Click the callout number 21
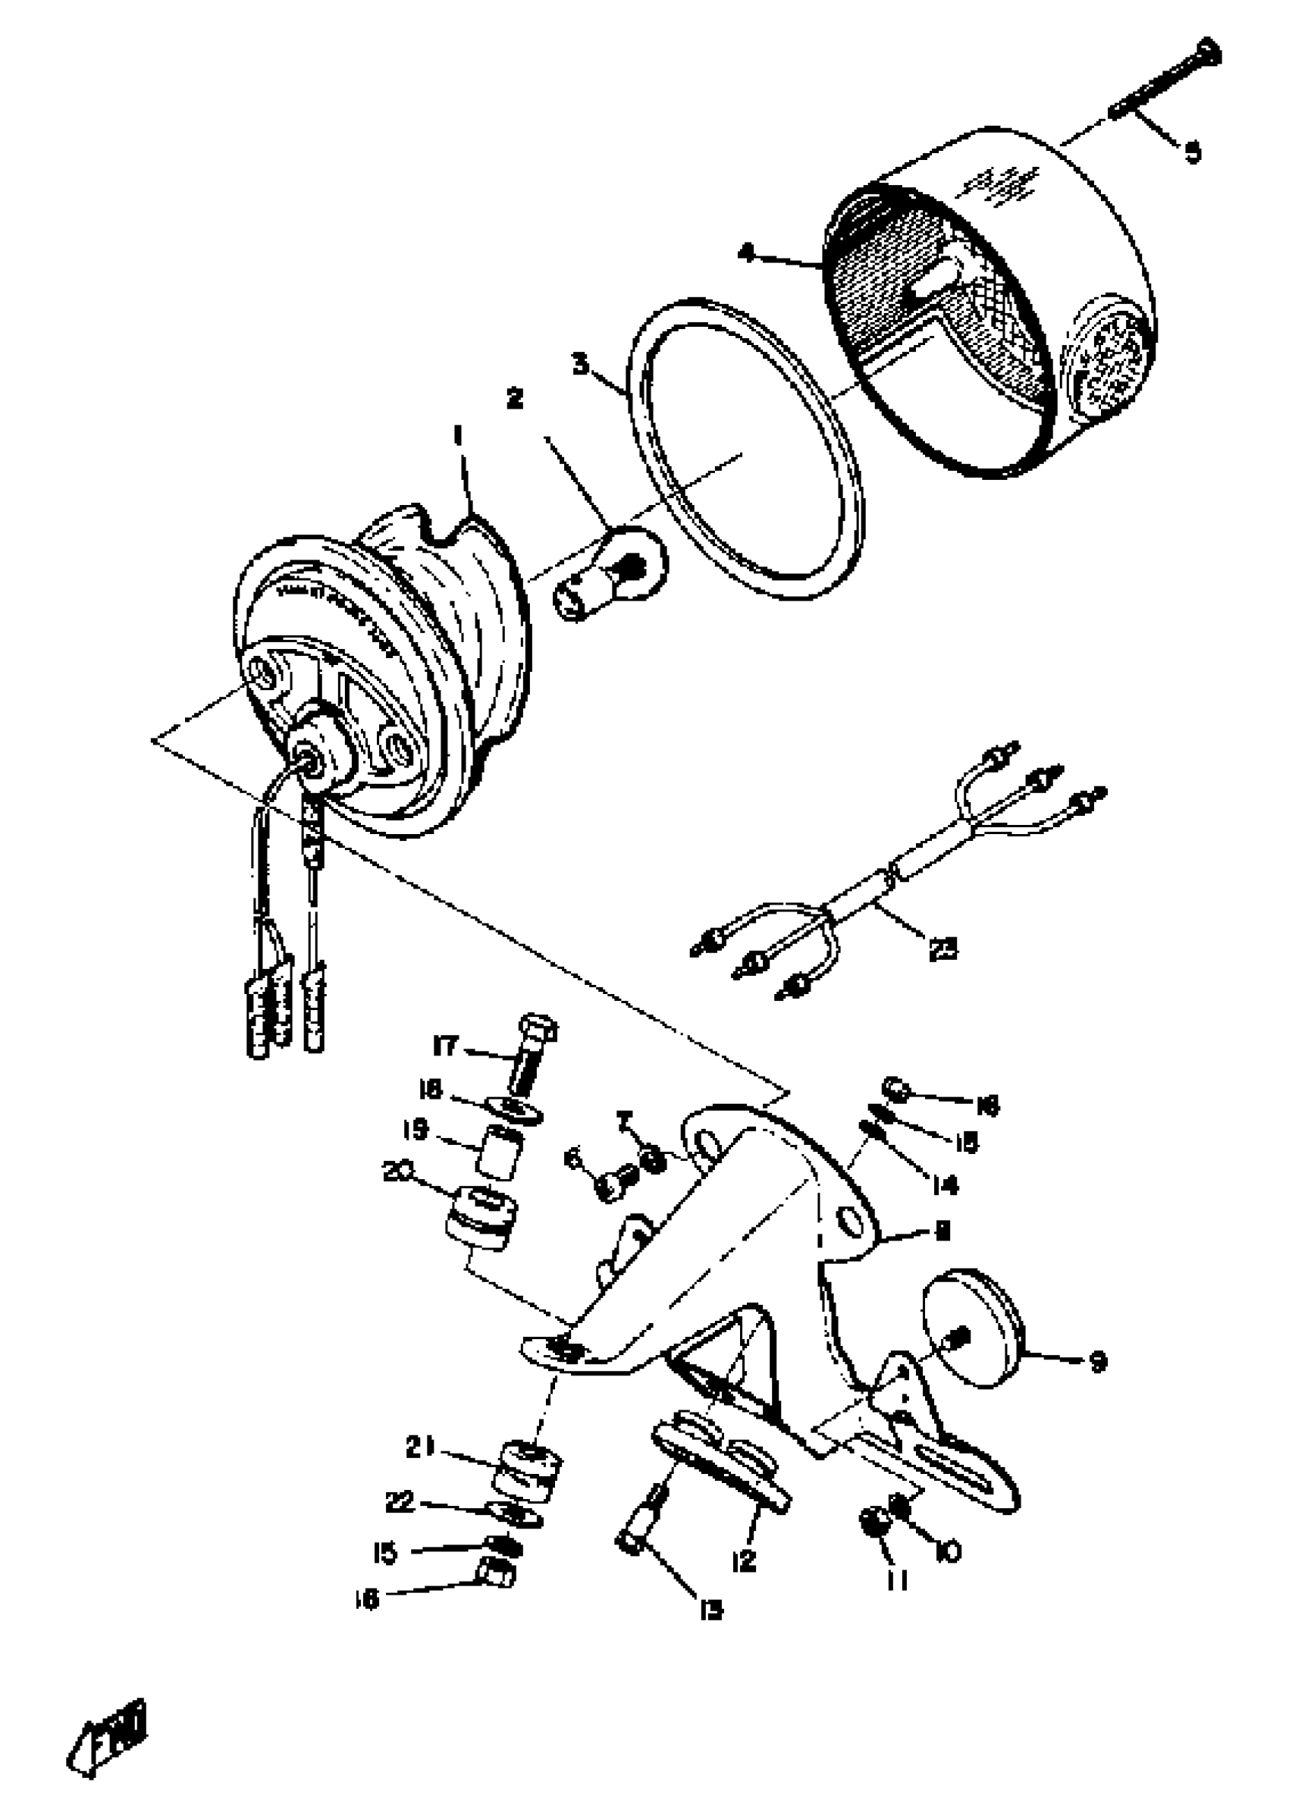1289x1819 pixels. (x=421, y=1448)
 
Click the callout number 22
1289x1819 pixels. (x=401, y=1502)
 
